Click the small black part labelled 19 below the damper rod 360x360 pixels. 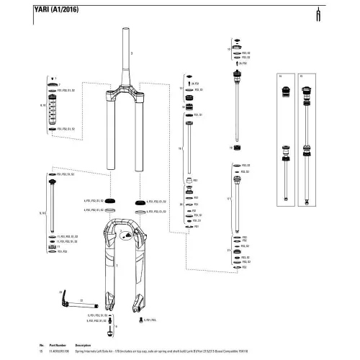pos(237,148)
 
